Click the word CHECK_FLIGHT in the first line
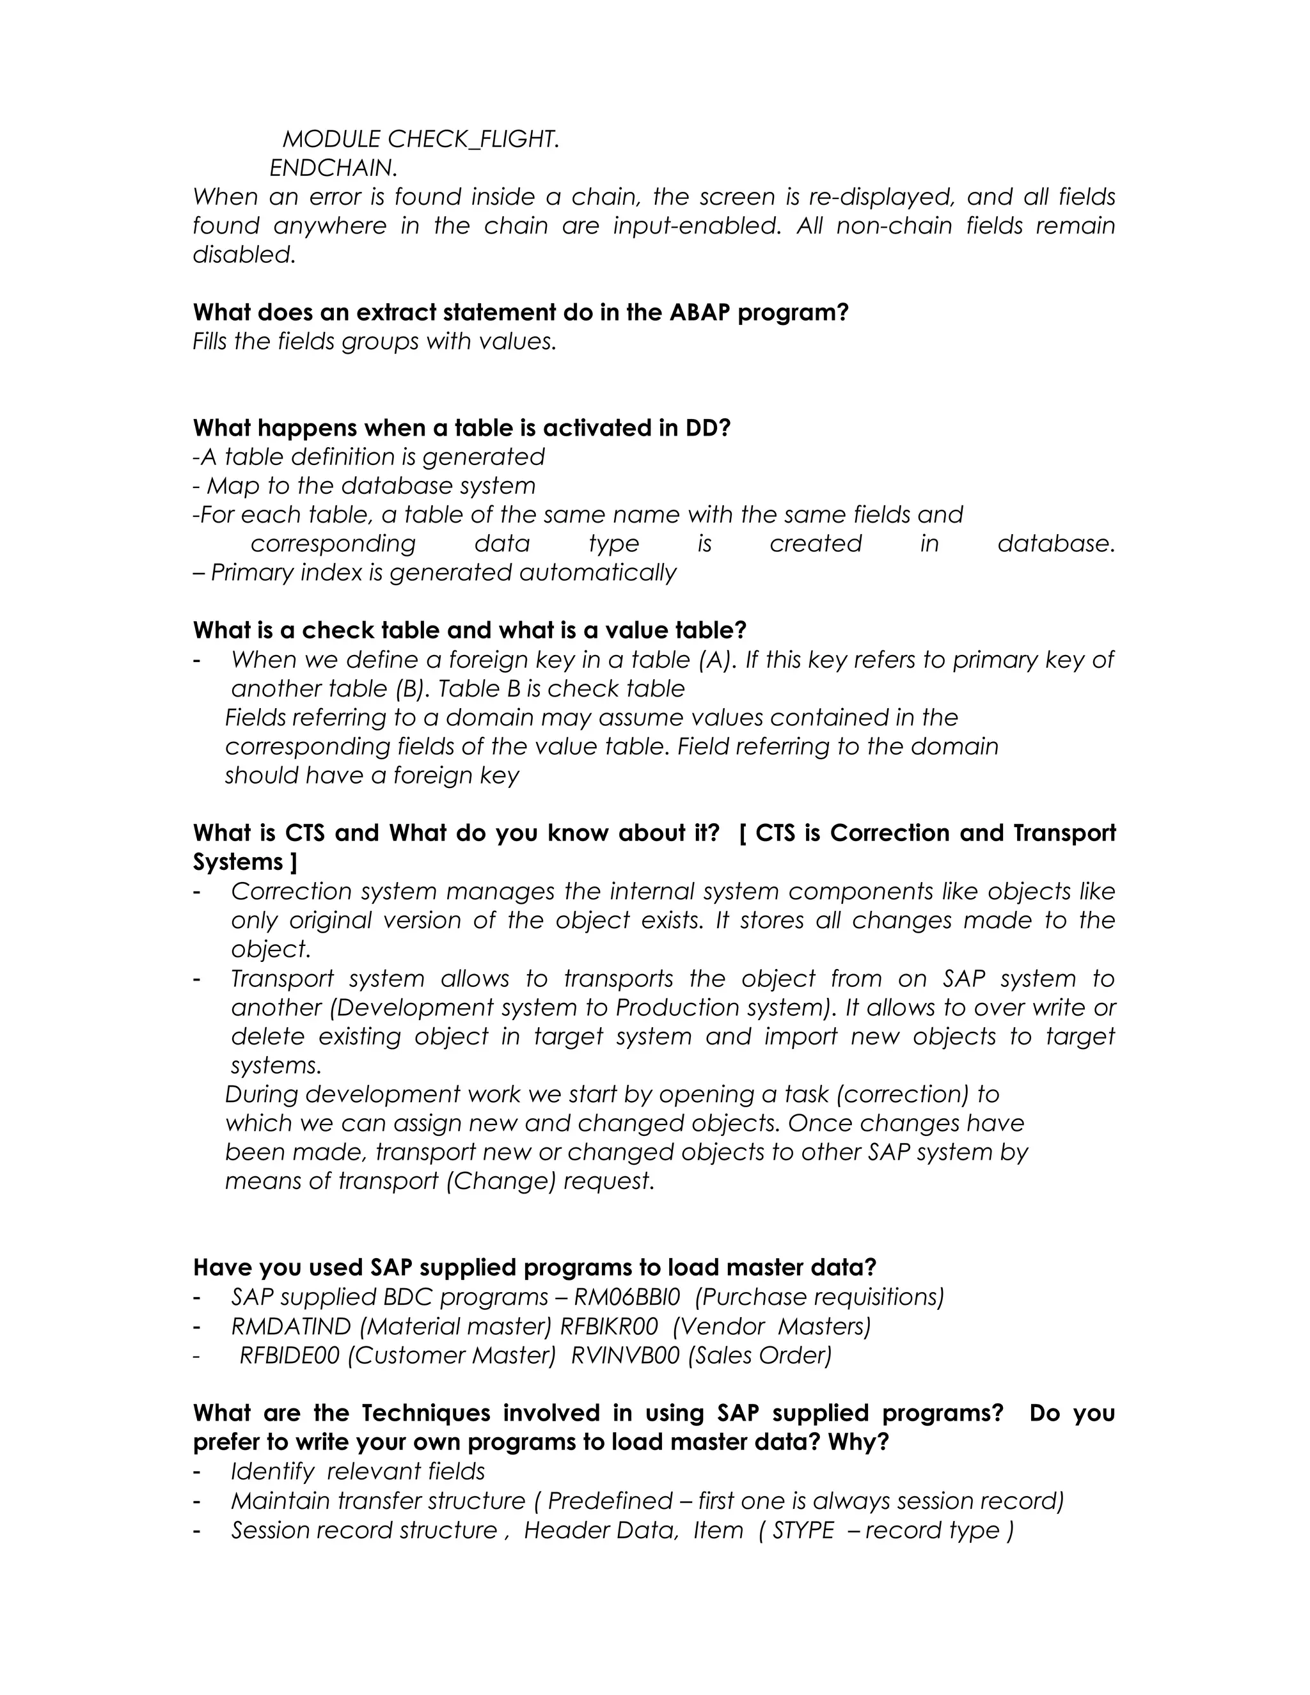pos(473,139)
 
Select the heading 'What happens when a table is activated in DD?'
pos(462,428)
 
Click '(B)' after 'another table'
pos(411,688)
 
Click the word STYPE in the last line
pos(803,1530)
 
